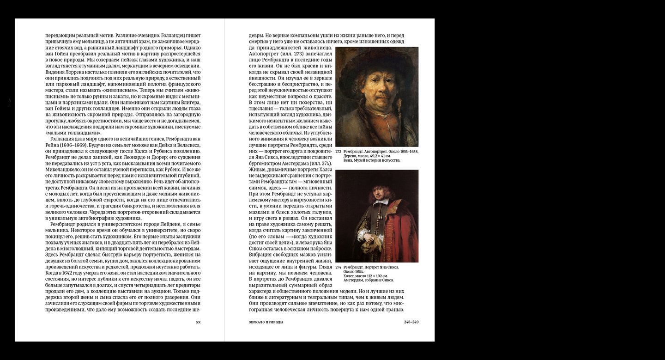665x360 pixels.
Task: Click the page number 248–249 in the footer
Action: click(411, 322)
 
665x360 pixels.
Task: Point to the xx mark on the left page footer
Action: click(198, 322)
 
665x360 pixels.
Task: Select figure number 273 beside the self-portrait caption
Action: click(338, 152)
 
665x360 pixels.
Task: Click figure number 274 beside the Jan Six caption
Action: click(338, 267)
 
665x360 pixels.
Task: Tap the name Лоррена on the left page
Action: click(76, 72)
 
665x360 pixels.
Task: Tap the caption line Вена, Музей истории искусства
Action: click(372, 160)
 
